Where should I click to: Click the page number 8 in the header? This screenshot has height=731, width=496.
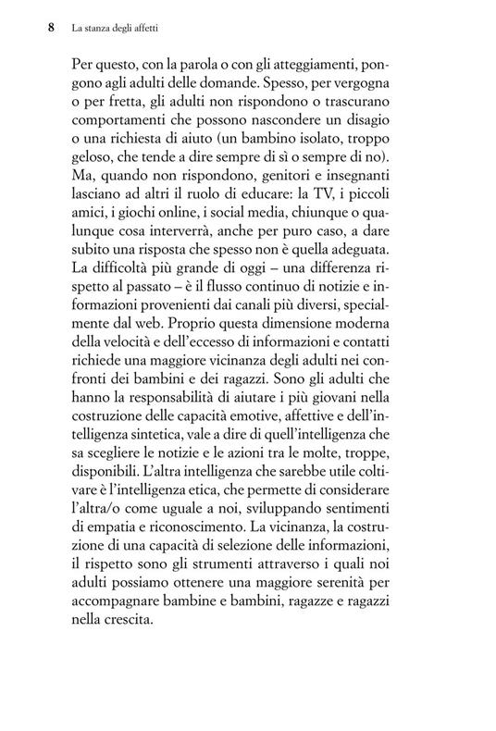(52, 28)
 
